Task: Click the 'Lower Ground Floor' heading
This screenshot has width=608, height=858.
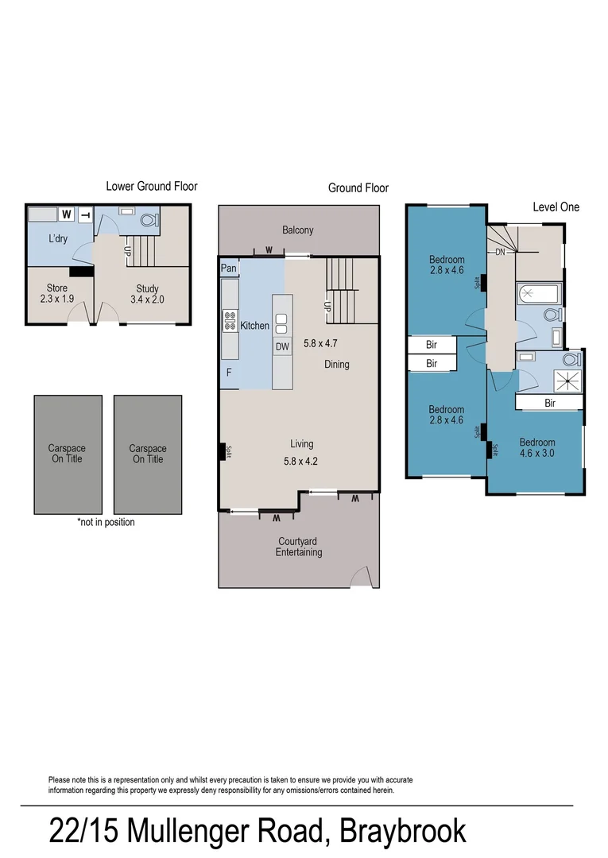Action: (x=151, y=186)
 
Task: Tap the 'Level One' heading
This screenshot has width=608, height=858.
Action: (x=556, y=207)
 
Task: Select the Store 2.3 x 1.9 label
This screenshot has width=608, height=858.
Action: (x=56, y=294)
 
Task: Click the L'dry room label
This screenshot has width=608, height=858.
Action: (x=57, y=238)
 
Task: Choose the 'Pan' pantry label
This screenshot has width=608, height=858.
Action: (x=228, y=269)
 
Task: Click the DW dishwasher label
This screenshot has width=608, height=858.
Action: (x=282, y=346)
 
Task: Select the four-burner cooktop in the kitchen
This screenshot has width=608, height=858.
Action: (x=230, y=320)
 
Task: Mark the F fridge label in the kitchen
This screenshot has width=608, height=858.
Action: (x=229, y=372)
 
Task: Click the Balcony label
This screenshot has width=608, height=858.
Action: (x=298, y=230)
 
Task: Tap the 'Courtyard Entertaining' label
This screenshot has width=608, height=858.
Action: (x=299, y=547)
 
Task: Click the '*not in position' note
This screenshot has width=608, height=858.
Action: (x=106, y=522)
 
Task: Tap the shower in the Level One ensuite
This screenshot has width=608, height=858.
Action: (x=568, y=381)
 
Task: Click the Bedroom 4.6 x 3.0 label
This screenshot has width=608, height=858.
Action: (x=536, y=448)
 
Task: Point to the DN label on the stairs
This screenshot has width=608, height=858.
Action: (x=500, y=252)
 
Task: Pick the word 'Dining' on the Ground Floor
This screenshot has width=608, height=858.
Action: (x=336, y=365)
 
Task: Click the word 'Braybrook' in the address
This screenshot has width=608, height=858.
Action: (x=402, y=832)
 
